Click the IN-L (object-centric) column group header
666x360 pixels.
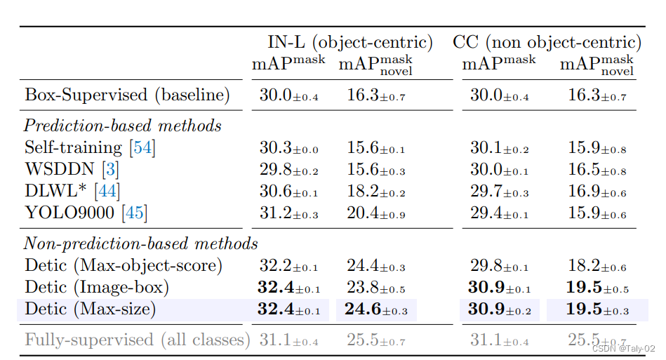[x=349, y=42]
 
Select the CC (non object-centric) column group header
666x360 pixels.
[x=547, y=42]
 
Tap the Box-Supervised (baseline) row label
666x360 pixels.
[x=127, y=95]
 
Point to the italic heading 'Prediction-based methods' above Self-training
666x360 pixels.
[x=123, y=126]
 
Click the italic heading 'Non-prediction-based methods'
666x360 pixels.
[x=141, y=244]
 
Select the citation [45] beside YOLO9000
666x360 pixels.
[x=135, y=213]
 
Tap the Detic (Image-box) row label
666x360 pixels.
[x=97, y=287]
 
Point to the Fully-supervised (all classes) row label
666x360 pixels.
[x=138, y=340]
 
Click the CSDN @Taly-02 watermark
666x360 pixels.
[x=622, y=349]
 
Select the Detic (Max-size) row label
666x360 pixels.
[x=90, y=309]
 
